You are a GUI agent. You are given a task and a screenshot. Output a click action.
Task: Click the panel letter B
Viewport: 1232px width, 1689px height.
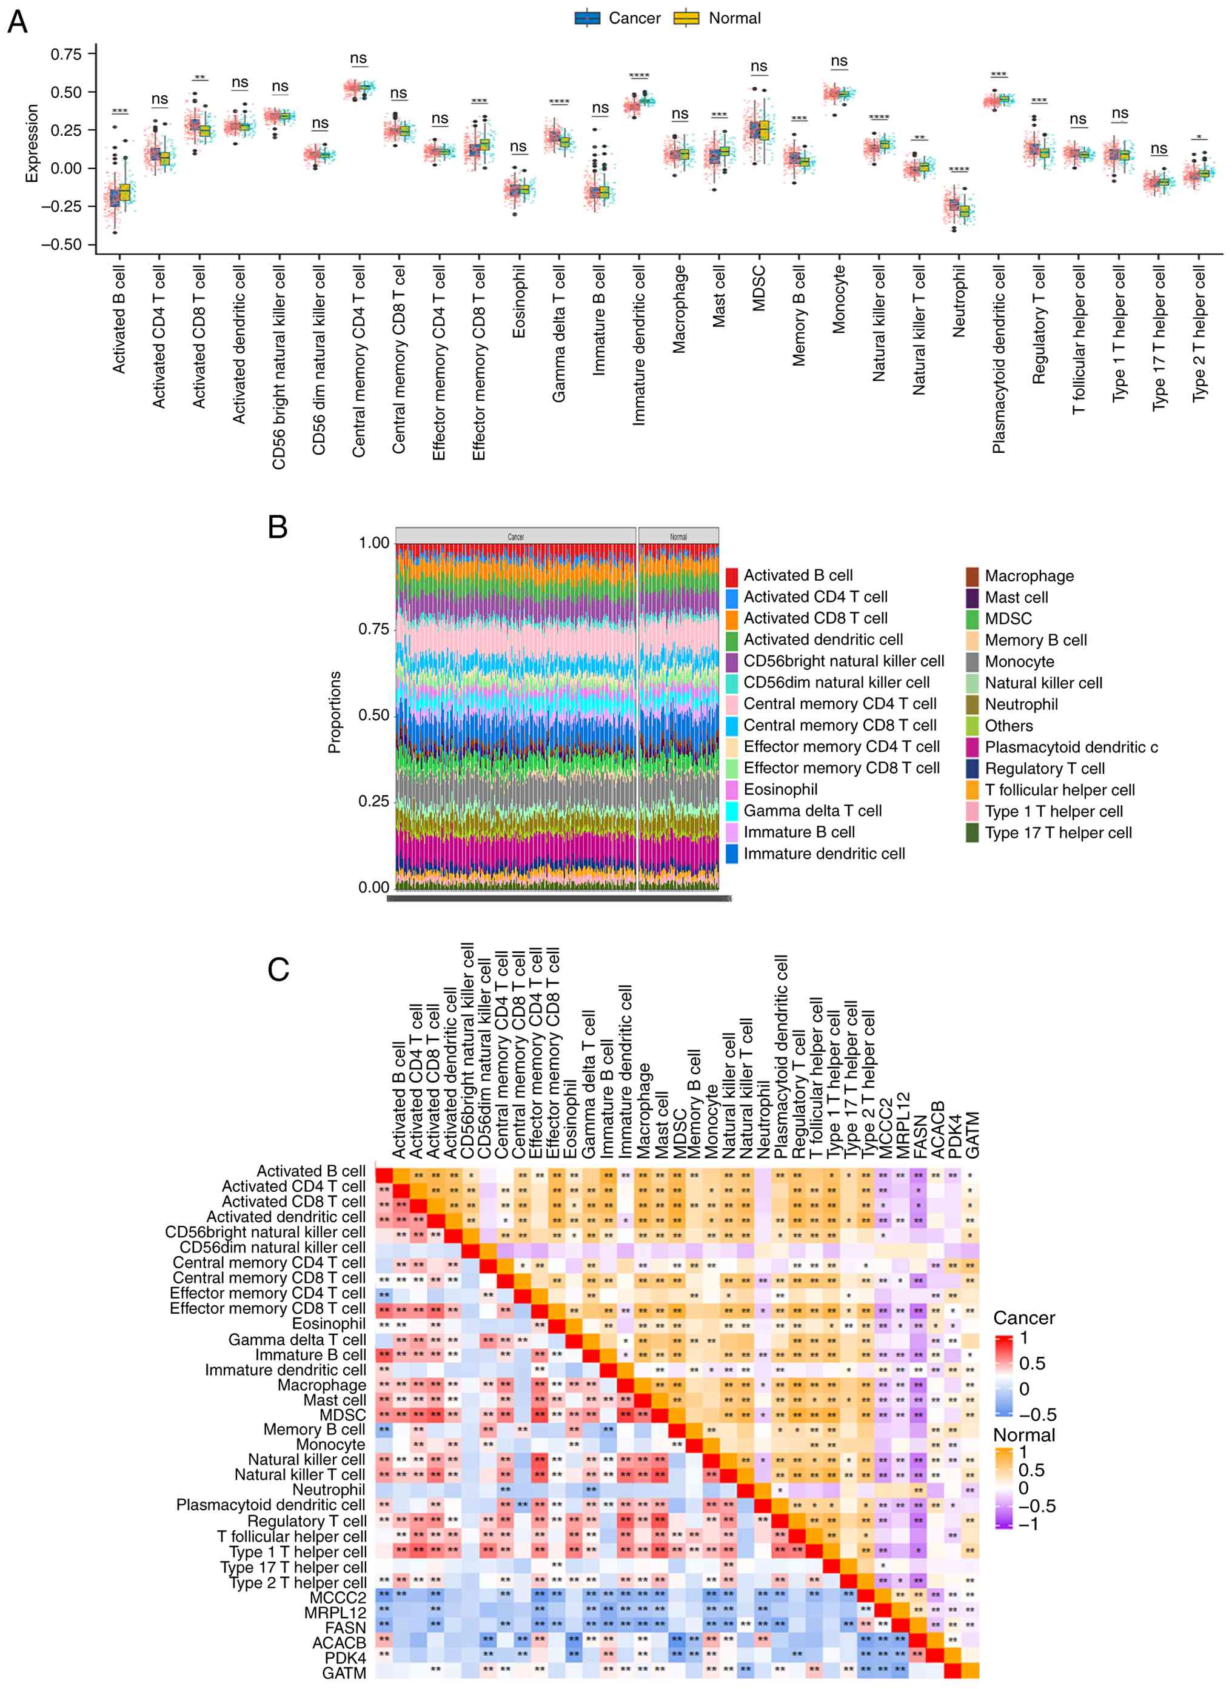[x=278, y=527]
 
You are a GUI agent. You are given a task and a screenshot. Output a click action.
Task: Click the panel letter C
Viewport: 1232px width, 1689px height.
[x=278, y=969]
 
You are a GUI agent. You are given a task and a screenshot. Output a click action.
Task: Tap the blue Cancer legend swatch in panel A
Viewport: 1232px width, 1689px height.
[x=587, y=19]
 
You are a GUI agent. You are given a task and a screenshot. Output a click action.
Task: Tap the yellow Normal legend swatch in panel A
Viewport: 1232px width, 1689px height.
[x=686, y=19]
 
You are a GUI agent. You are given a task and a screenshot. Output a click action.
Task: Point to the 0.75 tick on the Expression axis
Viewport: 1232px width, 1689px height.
[x=66, y=55]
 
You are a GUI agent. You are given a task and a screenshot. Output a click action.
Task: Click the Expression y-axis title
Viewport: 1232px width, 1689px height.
[x=32, y=143]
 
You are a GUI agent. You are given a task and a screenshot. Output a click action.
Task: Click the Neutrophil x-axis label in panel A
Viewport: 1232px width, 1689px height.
[x=959, y=301]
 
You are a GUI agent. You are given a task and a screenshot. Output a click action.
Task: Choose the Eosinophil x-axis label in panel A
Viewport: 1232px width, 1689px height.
[x=519, y=302]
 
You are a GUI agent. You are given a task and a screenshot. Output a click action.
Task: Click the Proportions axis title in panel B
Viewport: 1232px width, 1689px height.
[x=335, y=712]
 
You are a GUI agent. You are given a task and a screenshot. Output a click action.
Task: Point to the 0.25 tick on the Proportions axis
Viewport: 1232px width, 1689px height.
[x=373, y=801]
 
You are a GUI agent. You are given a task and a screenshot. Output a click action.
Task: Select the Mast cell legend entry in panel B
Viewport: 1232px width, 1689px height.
[x=1016, y=597]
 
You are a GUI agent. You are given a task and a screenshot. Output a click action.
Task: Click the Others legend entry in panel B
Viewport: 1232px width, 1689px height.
[x=1008, y=726]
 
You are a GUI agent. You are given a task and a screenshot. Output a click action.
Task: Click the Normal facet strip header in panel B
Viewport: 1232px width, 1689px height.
[x=678, y=536]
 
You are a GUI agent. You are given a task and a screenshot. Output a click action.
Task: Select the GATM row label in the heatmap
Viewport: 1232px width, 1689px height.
[x=344, y=1673]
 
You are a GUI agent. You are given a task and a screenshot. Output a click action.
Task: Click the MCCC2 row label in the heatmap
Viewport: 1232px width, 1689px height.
[x=338, y=1597]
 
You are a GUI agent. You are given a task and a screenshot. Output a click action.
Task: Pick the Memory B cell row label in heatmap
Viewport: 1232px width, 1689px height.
[x=314, y=1429]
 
